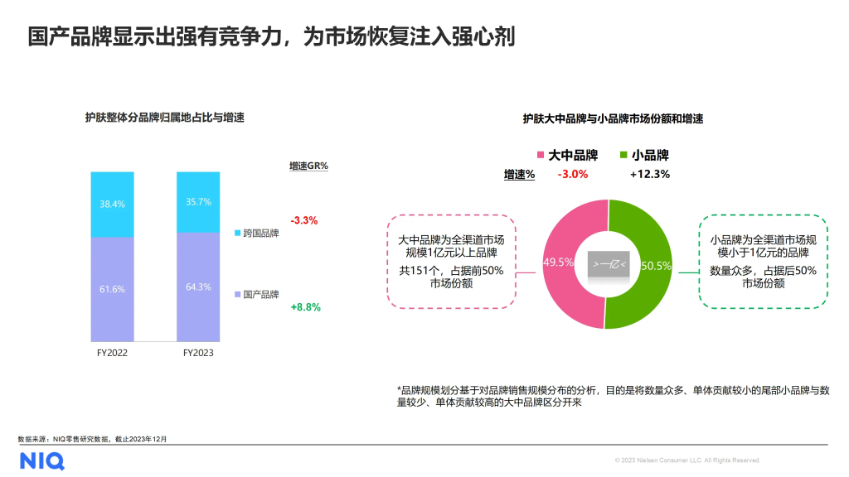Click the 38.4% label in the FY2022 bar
pos(112,204)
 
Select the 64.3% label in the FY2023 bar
pos(198,287)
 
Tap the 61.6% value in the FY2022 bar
pos(112,288)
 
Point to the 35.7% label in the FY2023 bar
pos(198,201)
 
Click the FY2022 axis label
pos(112,352)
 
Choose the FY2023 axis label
pos(198,352)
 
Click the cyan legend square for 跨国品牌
pos(237,234)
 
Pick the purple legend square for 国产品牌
pos(237,294)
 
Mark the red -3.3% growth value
pos(304,220)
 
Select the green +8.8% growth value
pos(305,306)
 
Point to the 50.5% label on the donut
pos(657,266)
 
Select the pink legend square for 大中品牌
pos(541,155)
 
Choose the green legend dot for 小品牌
pos(623,155)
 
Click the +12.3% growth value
pos(650,174)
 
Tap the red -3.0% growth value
pos(573,174)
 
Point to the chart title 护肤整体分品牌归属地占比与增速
pos(164,118)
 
